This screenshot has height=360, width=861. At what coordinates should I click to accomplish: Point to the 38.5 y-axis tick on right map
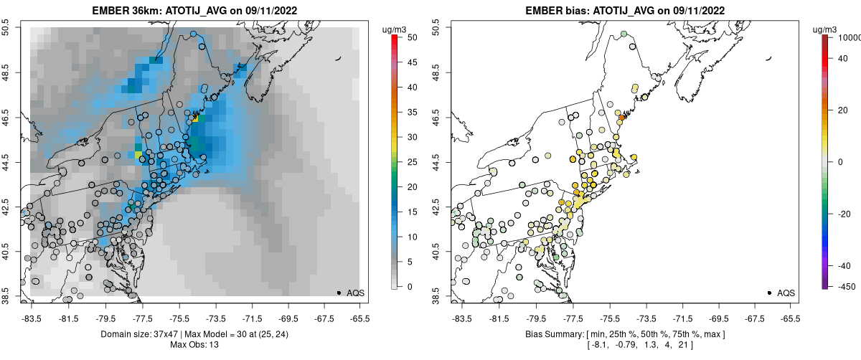434,295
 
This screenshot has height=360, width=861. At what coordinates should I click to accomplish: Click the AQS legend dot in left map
339,293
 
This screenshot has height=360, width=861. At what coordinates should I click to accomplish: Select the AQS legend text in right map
786,293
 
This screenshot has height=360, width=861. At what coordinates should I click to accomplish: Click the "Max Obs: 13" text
194,345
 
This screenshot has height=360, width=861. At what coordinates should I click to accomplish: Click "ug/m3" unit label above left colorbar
395,28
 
